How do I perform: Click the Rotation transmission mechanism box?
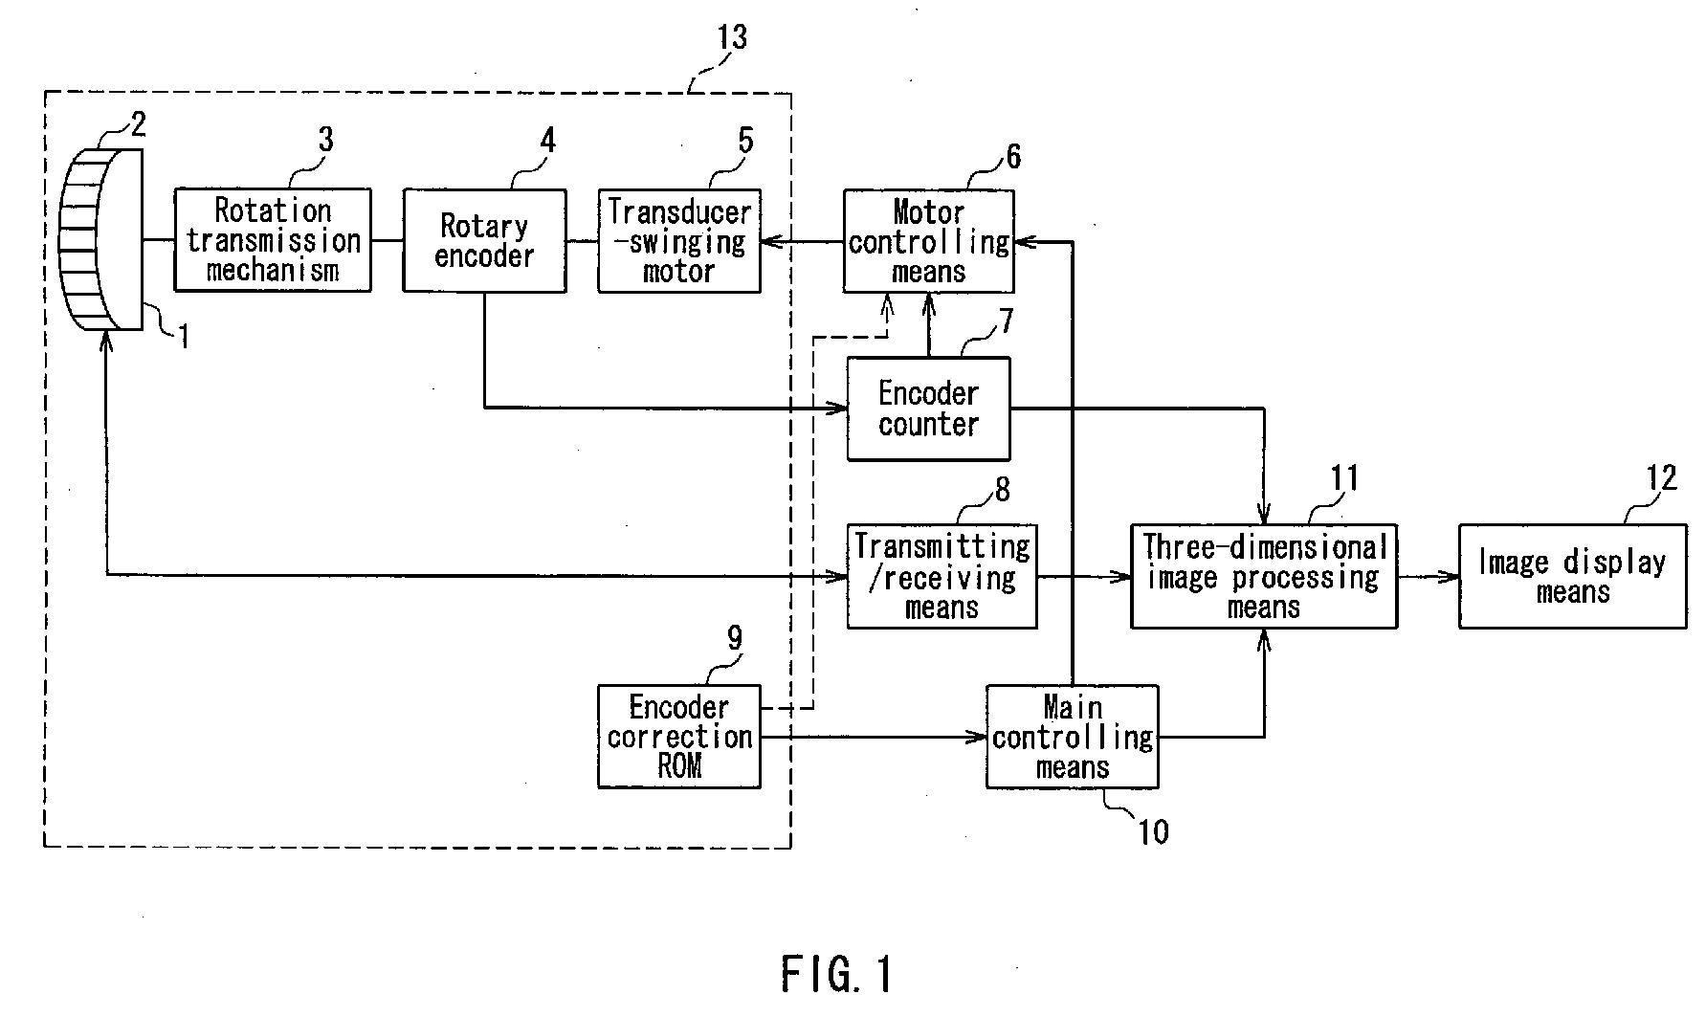(273, 239)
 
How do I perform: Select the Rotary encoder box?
(484, 239)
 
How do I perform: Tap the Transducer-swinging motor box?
(679, 240)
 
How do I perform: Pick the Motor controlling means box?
(928, 240)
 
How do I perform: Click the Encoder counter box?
(928, 409)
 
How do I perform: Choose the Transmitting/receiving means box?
(942, 576)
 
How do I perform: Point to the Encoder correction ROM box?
(679, 736)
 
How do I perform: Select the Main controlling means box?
(1073, 736)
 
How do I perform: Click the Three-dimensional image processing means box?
(1264, 576)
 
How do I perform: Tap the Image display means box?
(1573, 576)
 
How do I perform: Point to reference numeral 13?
(731, 37)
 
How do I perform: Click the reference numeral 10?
(1153, 831)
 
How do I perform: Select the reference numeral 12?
(1662, 477)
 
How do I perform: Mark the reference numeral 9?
(735, 638)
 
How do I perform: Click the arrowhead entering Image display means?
(1449, 576)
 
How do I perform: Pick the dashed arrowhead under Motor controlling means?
(887, 304)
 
